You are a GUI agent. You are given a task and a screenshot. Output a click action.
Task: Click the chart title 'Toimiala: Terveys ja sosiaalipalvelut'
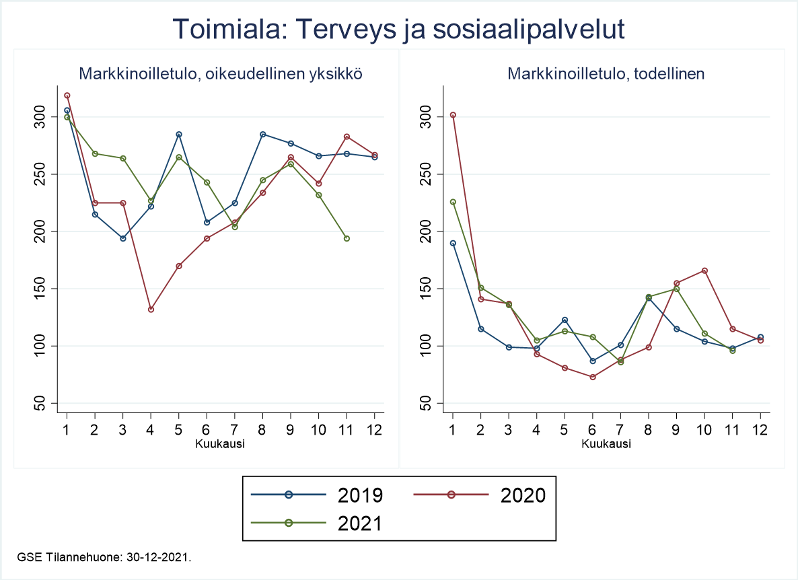tap(399, 29)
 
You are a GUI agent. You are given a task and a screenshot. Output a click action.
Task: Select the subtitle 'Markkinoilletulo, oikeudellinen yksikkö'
tap(221, 74)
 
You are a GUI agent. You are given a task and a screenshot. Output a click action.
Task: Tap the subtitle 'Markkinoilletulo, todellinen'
tap(606, 74)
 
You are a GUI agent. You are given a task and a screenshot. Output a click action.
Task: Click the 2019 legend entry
tap(316, 495)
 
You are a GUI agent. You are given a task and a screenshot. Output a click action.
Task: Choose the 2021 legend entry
tap(316, 523)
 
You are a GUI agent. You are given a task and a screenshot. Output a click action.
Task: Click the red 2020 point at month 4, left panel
tap(151, 310)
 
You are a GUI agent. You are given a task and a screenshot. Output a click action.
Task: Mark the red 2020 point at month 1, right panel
tap(453, 115)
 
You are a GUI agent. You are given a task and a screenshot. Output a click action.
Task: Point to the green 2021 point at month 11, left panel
tap(347, 238)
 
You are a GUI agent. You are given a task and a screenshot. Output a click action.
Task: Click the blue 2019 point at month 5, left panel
tap(178, 135)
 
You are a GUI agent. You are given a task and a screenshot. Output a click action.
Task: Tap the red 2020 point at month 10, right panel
tap(704, 270)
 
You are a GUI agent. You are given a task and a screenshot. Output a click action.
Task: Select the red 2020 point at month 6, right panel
tap(592, 377)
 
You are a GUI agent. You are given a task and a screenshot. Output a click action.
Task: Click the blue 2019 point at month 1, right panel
tap(453, 244)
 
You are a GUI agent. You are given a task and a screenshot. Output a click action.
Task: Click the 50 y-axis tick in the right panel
tap(429, 404)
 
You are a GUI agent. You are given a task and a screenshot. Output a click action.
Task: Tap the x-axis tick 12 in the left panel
tap(374, 429)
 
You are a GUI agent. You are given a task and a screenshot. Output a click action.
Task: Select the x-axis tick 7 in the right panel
tap(620, 429)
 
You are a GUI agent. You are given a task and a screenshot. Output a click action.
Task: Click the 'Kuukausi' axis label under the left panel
tap(220, 443)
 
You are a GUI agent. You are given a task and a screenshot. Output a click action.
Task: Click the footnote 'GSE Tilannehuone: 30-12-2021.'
tap(104, 558)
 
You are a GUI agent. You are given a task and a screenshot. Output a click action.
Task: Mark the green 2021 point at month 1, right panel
tap(453, 202)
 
